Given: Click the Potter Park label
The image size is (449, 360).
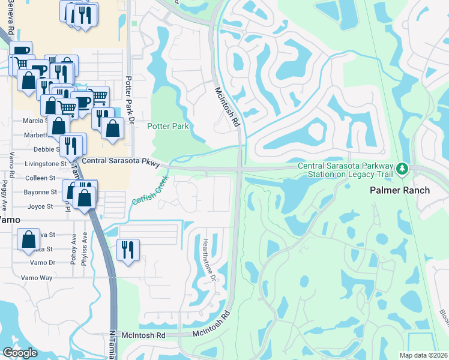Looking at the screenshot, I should click(168, 126).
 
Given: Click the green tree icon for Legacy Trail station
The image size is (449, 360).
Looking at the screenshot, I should click(402, 170).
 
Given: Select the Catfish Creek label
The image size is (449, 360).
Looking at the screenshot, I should click(148, 190).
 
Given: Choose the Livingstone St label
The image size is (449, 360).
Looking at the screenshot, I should click(46, 163).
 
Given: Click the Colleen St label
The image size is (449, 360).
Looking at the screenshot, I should click(40, 178).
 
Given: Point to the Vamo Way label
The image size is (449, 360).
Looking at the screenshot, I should click(37, 278).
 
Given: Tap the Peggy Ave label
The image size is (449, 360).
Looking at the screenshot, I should click(6, 190).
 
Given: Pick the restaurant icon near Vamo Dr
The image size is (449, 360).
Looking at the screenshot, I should click(128, 248).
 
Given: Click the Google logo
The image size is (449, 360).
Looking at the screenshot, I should click(20, 353).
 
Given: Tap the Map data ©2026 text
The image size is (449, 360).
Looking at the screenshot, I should click(424, 355).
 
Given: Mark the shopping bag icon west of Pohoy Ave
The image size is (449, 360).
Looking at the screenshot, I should click(29, 239).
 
